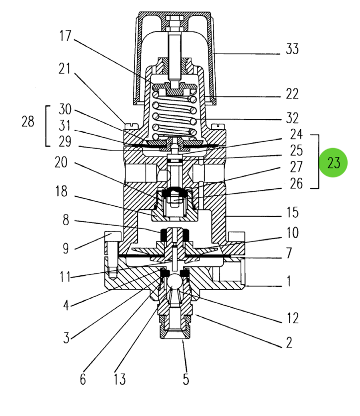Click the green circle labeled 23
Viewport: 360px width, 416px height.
pos(334,163)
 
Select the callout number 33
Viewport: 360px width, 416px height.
pos(292,50)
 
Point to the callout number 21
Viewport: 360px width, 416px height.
pos(65,69)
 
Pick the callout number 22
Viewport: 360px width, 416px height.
pos(292,93)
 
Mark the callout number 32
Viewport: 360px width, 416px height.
pos(292,118)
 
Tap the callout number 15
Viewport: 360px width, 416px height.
pos(292,213)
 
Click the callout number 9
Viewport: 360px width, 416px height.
pos(65,249)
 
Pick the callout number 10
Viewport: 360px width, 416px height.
pos(292,232)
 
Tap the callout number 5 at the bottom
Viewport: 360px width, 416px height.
pos(185,380)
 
